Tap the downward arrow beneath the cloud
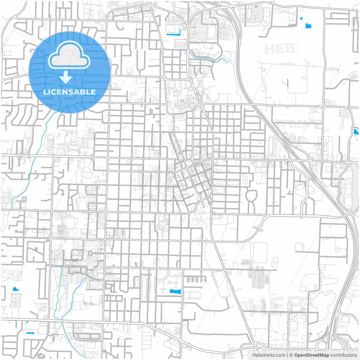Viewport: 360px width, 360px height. pos(66,78)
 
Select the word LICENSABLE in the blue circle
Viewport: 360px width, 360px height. pos(69,92)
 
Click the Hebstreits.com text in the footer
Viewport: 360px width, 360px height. pos(269,355)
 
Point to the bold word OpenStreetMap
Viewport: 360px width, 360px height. pos(311,355)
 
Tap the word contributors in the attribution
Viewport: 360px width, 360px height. pos(343,355)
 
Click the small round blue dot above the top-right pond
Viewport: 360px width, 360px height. pos(301,19)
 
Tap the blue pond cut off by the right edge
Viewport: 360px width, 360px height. pos(356,131)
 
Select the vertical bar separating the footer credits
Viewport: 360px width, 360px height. pos(287,355)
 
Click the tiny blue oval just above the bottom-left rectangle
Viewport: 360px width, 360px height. pos(27,322)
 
